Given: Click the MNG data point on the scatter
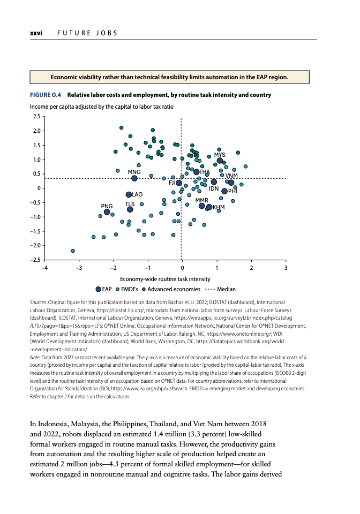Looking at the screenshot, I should pos(134,178).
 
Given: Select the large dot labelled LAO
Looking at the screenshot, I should pos(129,195).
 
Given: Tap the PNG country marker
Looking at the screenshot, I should pos(107,212).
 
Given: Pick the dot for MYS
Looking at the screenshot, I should pos(220,161).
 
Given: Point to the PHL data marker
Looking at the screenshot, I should pos(224,191).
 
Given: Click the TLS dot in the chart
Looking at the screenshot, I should pos(130,209).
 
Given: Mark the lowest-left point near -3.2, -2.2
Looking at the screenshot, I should pos(73,251).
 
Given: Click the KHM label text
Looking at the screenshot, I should pos(219,207).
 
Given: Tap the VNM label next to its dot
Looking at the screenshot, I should pos(231,176).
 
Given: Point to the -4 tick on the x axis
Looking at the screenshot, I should pos(45,267).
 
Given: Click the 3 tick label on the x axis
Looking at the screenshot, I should pos(286,267).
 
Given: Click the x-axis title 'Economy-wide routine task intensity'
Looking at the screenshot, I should pos(165,279).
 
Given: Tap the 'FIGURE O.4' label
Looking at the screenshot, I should pos(46,95).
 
